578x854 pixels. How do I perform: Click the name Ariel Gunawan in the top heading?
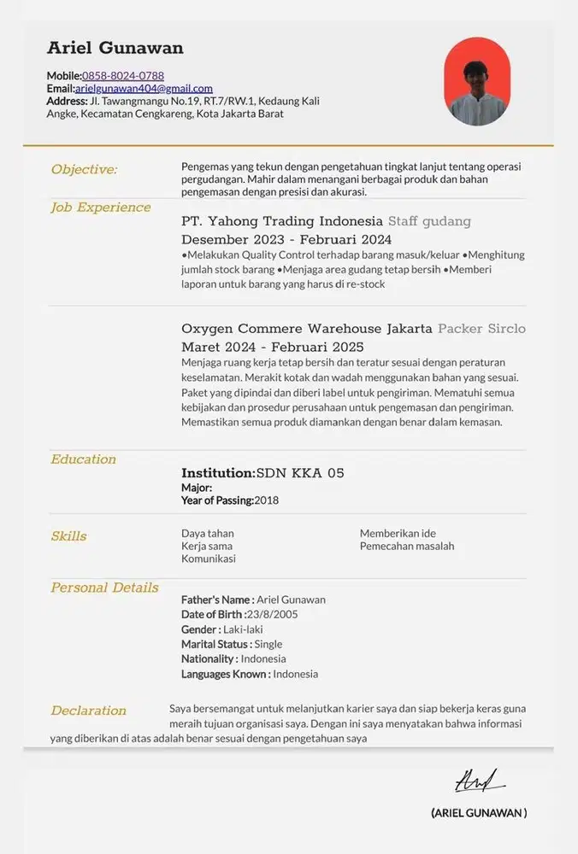(x=115, y=48)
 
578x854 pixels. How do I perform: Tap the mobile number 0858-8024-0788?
(x=123, y=76)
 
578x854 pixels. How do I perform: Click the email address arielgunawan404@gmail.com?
(x=144, y=88)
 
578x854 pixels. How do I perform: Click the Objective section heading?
(x=84, y=169)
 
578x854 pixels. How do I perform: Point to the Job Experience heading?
(x=100, y=208)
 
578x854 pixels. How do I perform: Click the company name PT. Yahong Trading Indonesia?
(x=281, y=222)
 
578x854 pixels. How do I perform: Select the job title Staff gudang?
(x=429, y=222)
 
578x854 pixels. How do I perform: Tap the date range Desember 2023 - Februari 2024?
(x=286, y=240)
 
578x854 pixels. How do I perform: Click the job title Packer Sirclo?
(x=481, y=329)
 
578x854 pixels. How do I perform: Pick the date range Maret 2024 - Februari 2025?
(x=272, y=347)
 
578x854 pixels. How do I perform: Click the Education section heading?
(x=83, y=459)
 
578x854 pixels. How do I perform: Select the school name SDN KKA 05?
(x=300, y=473)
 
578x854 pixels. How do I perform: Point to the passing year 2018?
(x=266, y=500)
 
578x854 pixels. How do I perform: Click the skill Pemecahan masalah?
(x=407, y=546)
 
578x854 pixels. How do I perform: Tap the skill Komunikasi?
(x=209, y=559)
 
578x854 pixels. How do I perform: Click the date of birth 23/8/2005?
(x=273, y=615)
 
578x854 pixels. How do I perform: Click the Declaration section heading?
(x=88, y=711)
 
